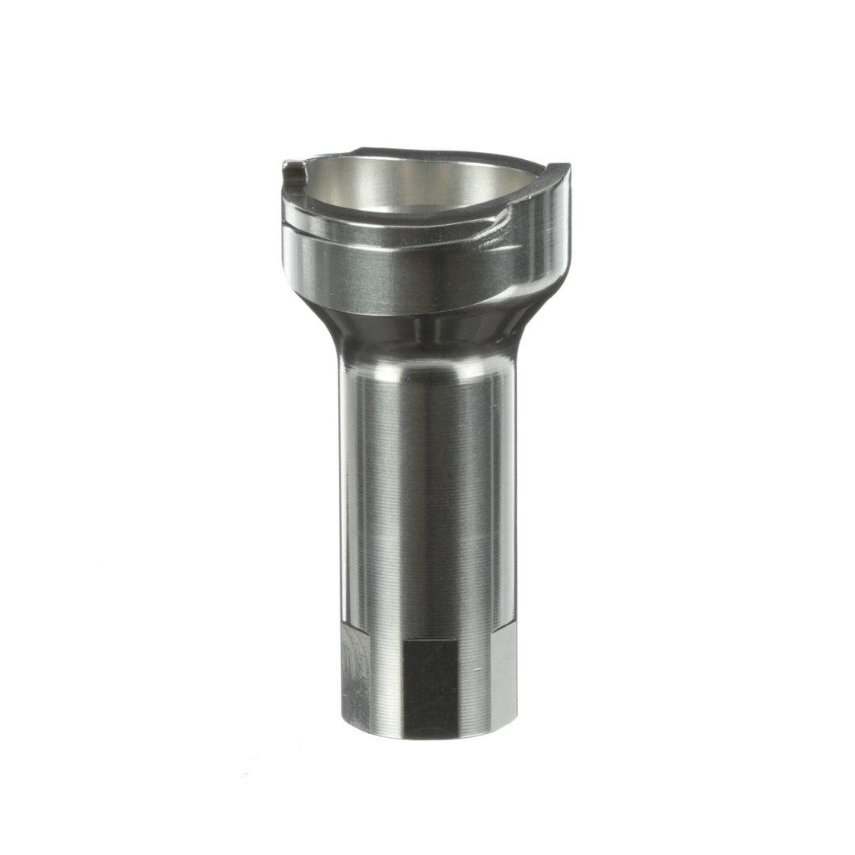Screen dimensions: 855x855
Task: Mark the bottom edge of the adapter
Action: click(x=427, y=736)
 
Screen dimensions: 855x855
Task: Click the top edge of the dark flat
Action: click(x=429, y=639)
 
